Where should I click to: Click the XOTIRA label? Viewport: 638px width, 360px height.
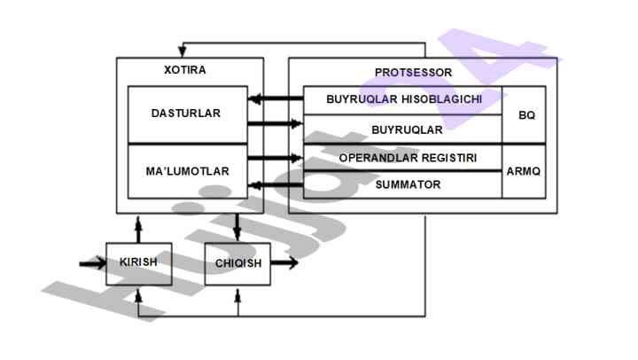tap(185, 69)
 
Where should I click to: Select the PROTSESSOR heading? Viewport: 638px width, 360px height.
tap(413, 72)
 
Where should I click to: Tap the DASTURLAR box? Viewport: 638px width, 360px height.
tap(186, 113)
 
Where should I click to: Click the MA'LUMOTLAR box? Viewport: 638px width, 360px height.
tap(187, 168)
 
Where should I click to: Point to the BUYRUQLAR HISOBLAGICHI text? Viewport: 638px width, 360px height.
tap(404, 99)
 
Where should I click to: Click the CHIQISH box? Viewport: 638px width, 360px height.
tap(237, 262)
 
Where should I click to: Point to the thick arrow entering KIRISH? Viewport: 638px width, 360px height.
tap(91, 262)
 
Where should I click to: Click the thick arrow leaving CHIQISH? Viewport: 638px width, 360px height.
tap(285, 262)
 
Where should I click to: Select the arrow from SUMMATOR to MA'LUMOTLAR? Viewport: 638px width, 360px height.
tap(276, 185)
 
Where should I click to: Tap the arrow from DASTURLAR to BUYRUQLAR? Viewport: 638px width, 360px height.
tap(276, 124)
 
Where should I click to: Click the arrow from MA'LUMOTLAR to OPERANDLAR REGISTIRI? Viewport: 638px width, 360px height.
tap(276, 159)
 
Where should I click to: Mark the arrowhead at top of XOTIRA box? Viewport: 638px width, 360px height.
tap(183, 48)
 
